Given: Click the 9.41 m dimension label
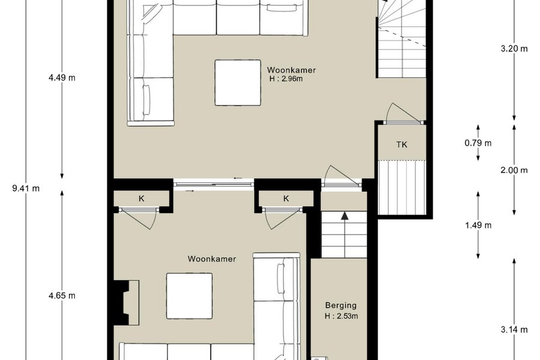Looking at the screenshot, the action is [26, 188].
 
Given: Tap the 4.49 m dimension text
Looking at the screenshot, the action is [62, 78].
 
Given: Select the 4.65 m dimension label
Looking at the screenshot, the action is [62, 296].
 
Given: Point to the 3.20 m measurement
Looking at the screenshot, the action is [514, 49].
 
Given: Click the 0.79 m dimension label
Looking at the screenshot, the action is [478, 143].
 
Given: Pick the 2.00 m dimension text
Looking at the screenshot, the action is [514, 170].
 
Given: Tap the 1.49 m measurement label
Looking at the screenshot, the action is [478, 226].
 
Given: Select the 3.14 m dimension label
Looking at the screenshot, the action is [514, 329].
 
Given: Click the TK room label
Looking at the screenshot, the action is [402, 145].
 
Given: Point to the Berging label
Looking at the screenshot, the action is [341, 305].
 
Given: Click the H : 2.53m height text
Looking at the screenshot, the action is [341, 316].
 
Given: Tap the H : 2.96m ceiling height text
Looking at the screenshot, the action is [286, 79].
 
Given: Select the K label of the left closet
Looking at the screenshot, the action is [142, 199].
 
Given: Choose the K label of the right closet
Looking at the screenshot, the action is [286, 199].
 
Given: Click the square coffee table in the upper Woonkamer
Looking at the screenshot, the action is [238, 83].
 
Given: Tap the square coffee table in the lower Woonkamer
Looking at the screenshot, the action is [190, 296].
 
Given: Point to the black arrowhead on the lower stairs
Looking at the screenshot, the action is [344, 216].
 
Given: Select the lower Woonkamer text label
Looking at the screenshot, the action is [212, 259].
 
